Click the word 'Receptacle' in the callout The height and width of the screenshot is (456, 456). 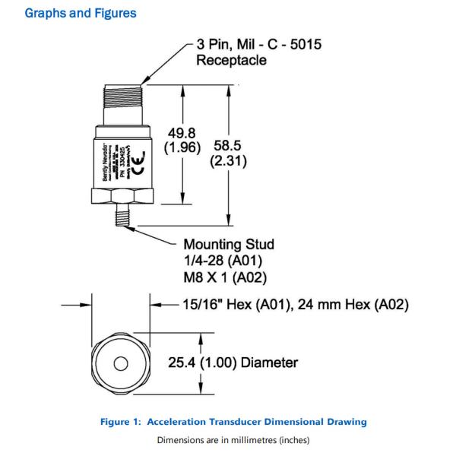(231, 60)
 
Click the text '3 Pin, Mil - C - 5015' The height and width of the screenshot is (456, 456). (258, 45)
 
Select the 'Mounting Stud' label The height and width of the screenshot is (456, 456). (228, 245)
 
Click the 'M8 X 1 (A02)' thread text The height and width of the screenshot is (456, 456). (224, 276)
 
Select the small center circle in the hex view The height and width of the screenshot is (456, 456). (120, 363)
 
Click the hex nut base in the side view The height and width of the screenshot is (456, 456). (122, 196)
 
